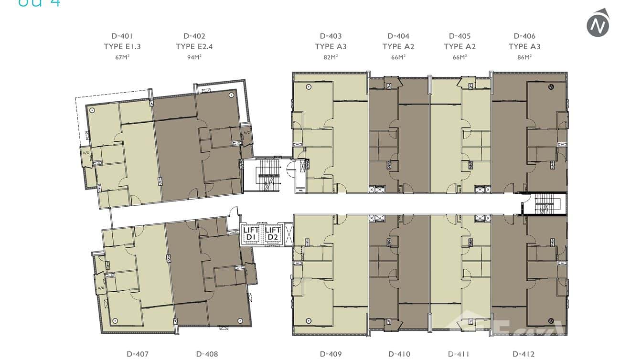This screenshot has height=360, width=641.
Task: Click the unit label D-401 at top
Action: pos(122,36)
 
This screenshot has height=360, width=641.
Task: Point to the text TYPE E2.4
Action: pos(194,46)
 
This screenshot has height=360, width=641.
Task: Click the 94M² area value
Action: pos(194,57)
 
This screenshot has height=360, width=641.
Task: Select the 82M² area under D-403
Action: pos(331,57)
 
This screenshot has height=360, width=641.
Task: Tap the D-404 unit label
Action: pos(398,36)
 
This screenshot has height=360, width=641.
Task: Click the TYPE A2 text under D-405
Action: pos(459,46)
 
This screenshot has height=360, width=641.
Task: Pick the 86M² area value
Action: pos(524,57)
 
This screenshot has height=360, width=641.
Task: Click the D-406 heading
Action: pos(524,36)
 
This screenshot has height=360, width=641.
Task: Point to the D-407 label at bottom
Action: pos(138,354)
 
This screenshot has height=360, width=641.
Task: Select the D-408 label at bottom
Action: pos(207,354)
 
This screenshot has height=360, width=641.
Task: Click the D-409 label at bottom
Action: pos(331,354)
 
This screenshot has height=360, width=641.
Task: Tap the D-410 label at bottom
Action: pos(399,354)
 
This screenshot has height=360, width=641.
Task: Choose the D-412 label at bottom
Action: pos(523,354)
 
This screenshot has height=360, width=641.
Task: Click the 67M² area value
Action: pos(122,57)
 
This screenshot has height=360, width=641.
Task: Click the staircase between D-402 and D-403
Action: pos(265,176)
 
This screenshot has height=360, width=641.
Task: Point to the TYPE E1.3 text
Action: pos(122,46)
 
